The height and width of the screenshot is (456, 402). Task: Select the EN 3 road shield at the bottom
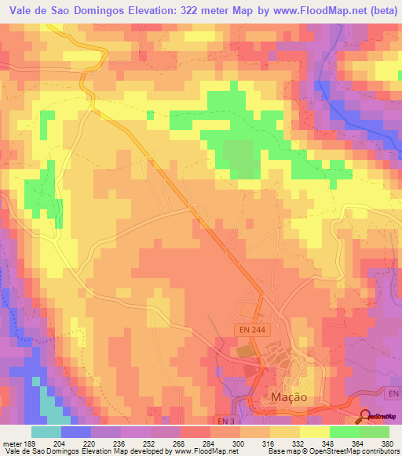point(222,422)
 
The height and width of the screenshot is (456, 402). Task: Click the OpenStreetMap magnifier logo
point(366,416)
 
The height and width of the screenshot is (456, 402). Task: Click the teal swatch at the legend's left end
point(46,432)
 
